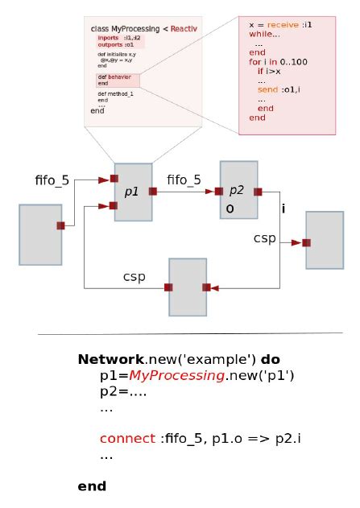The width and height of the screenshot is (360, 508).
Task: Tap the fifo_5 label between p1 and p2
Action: pos(184,180)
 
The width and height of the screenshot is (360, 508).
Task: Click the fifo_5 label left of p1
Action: pos(52,179)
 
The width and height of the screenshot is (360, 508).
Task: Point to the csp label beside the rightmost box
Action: pos(265,238)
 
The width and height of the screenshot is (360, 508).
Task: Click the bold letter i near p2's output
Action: pos(283,209)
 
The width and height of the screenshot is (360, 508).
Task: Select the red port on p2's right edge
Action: pos(259,192)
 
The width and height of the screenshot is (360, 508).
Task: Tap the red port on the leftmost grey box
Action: pos(60,226)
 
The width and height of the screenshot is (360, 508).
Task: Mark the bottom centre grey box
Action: pos(188,287)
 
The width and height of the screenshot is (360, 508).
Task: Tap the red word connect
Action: pos(127,439)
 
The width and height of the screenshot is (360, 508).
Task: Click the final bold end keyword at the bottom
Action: pos(92,486)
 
